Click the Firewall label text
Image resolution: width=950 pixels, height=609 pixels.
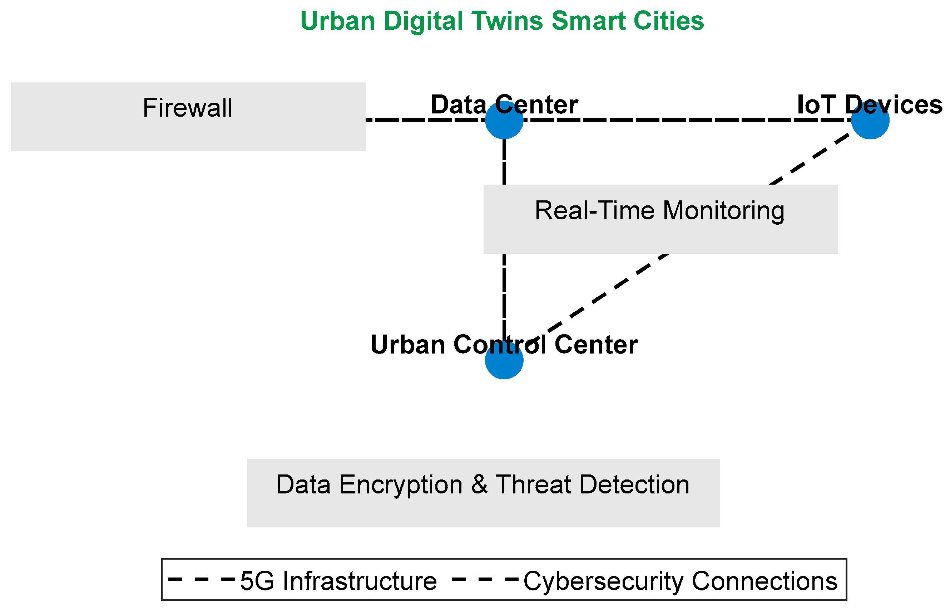coord(187,108)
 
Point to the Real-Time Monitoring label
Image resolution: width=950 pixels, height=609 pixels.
coord(660,211)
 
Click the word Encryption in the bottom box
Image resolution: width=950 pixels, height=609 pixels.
coord(401,485)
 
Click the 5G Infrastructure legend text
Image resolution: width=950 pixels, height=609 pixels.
coord(338,581)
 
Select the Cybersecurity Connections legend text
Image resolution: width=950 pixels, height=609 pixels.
coord(680,581)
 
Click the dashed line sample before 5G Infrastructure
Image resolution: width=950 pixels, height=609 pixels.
coord(202,580)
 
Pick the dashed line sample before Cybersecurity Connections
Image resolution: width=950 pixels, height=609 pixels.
coord(485,580)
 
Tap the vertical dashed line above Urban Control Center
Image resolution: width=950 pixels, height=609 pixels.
coord(504,293)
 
